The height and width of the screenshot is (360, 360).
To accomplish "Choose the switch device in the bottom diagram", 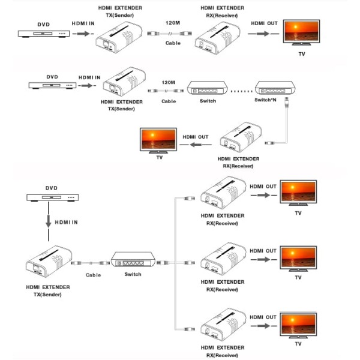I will pyautogui.click(x=133, y=262).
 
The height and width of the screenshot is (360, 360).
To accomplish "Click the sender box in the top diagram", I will pyautogui.click(x=120, y=37).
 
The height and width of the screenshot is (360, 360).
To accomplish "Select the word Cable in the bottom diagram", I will pyautogui.click(x=93, y=275).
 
